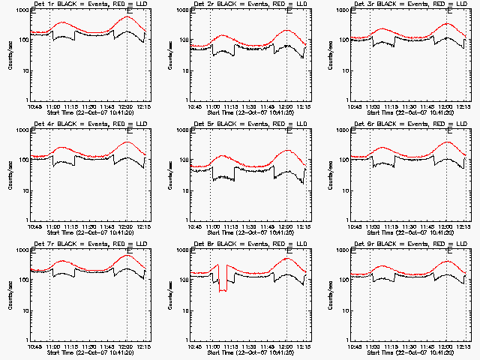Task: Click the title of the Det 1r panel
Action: [x=84, y=5]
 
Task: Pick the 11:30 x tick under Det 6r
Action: [x=411, y=227]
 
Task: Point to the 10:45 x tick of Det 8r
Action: [x=194, y=347]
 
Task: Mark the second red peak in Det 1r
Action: [x=127, y=16]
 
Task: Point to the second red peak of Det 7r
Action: [x=127, y=256]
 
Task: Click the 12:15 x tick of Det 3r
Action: [x=465, y=107]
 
